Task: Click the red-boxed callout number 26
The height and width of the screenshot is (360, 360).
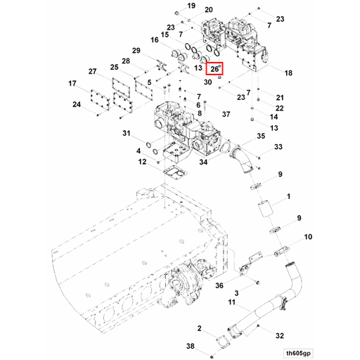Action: pyautogui.click(x=214, y=69)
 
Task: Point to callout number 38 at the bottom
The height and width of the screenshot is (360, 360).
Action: pyautogui.click(x=190, y=347)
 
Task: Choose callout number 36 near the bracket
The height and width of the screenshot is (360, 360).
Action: pyautogui.click(x=219, y=285)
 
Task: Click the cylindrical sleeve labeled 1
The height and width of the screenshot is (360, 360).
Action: pyautogui.click(x=266, y=210)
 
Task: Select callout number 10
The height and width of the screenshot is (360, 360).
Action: pyautogui.click(x=308, y=238)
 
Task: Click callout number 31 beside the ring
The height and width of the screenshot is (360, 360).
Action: pyautogui.click(x=127, y=134)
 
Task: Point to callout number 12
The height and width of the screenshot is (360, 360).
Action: pyautogui.click(x=141, y=162)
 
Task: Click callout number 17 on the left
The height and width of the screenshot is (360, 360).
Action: pyautogui.click(x=72, y=84)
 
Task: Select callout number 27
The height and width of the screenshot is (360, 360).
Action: pyautogui.click(x=92, y=72)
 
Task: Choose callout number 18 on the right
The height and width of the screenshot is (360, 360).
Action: pyautogui.click(x=288, y=73)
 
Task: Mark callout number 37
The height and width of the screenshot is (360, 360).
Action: pyautogui.click(x=226, y=113)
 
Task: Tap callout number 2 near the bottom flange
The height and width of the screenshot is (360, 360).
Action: pyautogui.click(x=200, y=329)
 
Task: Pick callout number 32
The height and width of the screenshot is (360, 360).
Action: pyautogui.click(x=280, y=335)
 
